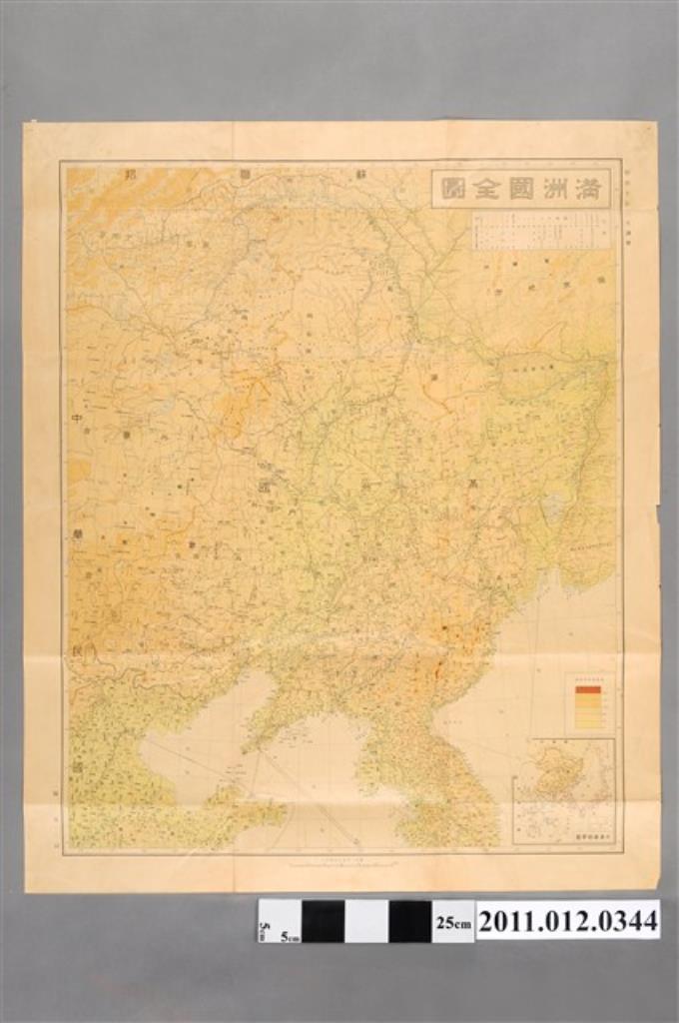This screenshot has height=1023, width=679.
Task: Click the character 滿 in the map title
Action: tap(587, 189)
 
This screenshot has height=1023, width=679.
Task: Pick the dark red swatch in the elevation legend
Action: tap(588, 689)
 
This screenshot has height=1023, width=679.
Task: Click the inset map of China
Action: tap(564, 789)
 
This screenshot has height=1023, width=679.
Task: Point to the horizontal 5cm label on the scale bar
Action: tap(291, 937)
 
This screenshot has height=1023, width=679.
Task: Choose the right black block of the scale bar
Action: tap(409, 921)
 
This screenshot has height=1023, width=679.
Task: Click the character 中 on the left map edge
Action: tap(77, 419)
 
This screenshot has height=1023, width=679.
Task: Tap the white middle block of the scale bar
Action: tap(366, 921)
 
